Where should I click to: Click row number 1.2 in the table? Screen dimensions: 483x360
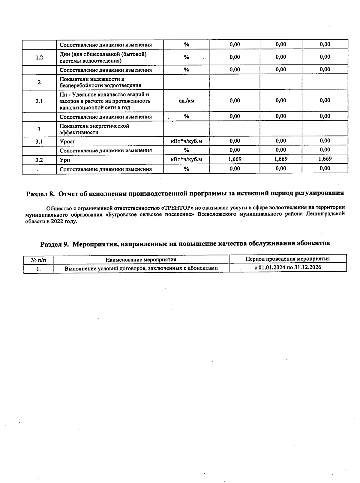pyautogui.click(x=39, y=58)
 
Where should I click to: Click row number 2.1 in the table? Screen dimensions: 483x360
pyautogui.click(x=39, y=101)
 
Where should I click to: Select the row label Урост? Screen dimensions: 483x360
pyautogui.click(x=67, y=142)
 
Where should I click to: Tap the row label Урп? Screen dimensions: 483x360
pyautogui.click(x=65, y=160)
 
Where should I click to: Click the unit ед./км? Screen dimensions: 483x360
pyautogui.click(x=186, y=101)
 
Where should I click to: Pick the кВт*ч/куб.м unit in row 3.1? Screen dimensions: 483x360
pyautogui.click(x=186, y=141)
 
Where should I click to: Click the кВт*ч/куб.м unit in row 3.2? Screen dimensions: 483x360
pyautogui.click(x=186, y=160)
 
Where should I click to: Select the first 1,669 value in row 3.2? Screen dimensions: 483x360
pyautogui.click(x=235, y=159)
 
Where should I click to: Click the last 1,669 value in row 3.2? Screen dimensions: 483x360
pyautogui.click(x=325, y=159)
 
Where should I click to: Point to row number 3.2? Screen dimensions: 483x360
pyautogui.click(x=39, y=160)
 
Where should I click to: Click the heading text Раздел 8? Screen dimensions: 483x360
pyautogui.click(x=40, y=194)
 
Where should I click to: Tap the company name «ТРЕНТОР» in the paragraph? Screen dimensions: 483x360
pyautogui.click(x=177, y=207)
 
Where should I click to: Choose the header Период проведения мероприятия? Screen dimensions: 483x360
pyautogui.click(x=287, y=259)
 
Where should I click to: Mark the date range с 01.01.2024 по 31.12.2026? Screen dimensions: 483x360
pyautogui.click(x=287, y=267)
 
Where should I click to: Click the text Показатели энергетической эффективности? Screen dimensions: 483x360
pyautogui.click(x=94, y=129)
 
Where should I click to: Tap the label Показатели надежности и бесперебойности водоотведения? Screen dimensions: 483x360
pyautogui.click(x=100, y=82)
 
